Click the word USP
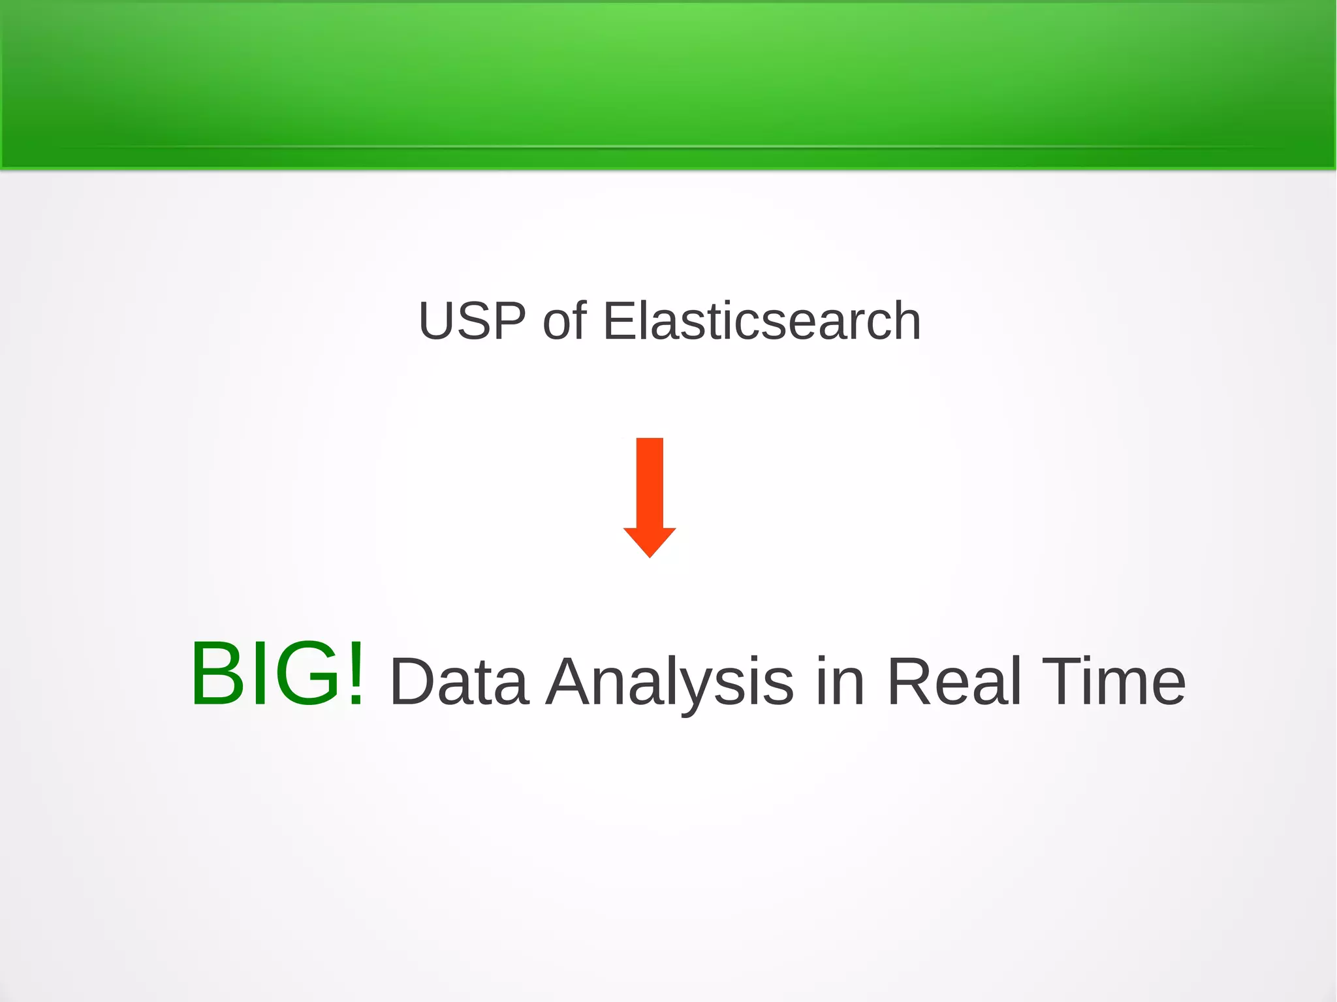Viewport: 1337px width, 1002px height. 471,321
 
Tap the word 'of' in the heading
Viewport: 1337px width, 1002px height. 564,321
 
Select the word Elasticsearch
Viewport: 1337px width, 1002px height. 761,321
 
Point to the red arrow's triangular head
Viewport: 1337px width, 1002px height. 650,540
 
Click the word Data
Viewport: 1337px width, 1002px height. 459,682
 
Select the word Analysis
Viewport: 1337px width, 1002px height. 670,682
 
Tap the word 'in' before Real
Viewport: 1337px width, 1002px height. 840,682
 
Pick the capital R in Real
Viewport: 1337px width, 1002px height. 911,682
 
